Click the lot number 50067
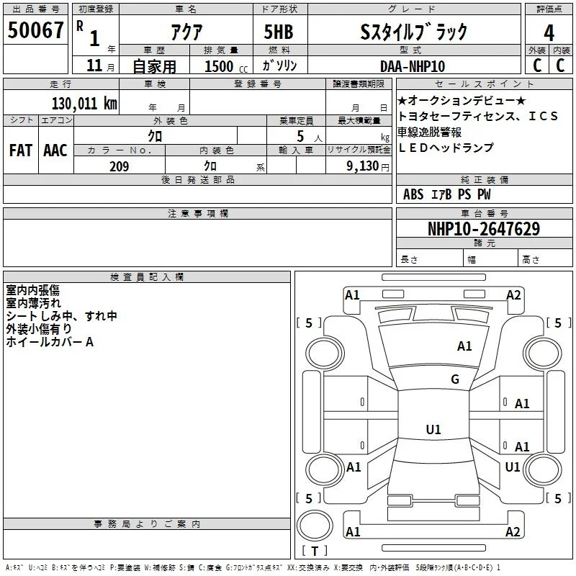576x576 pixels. click(35, 30)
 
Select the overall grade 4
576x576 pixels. click(549, 33)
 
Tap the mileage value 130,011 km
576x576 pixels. click(84, 104)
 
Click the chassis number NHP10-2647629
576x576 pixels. click(484, 229)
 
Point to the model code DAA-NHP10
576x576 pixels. click(413, 66)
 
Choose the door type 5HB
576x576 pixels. click(279, 32)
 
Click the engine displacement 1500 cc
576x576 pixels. click(226, 66)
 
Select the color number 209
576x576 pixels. click(119, 166)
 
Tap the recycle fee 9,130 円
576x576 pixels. click(368, 166)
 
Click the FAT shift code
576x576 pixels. click(21, 150)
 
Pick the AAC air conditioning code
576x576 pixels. click(55, 150)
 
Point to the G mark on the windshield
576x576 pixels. click(455, 379)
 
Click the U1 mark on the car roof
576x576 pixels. click(433, 429)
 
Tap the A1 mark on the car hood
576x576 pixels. click(464, 346)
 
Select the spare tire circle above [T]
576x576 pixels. click(315, 526)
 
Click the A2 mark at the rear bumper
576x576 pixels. click(513, 531)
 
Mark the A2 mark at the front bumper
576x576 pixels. click(513, 295)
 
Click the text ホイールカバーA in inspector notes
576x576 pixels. click(50, 342)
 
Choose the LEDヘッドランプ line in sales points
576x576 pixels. click(446, 148)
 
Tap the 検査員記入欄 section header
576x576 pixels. click(147, 277)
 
